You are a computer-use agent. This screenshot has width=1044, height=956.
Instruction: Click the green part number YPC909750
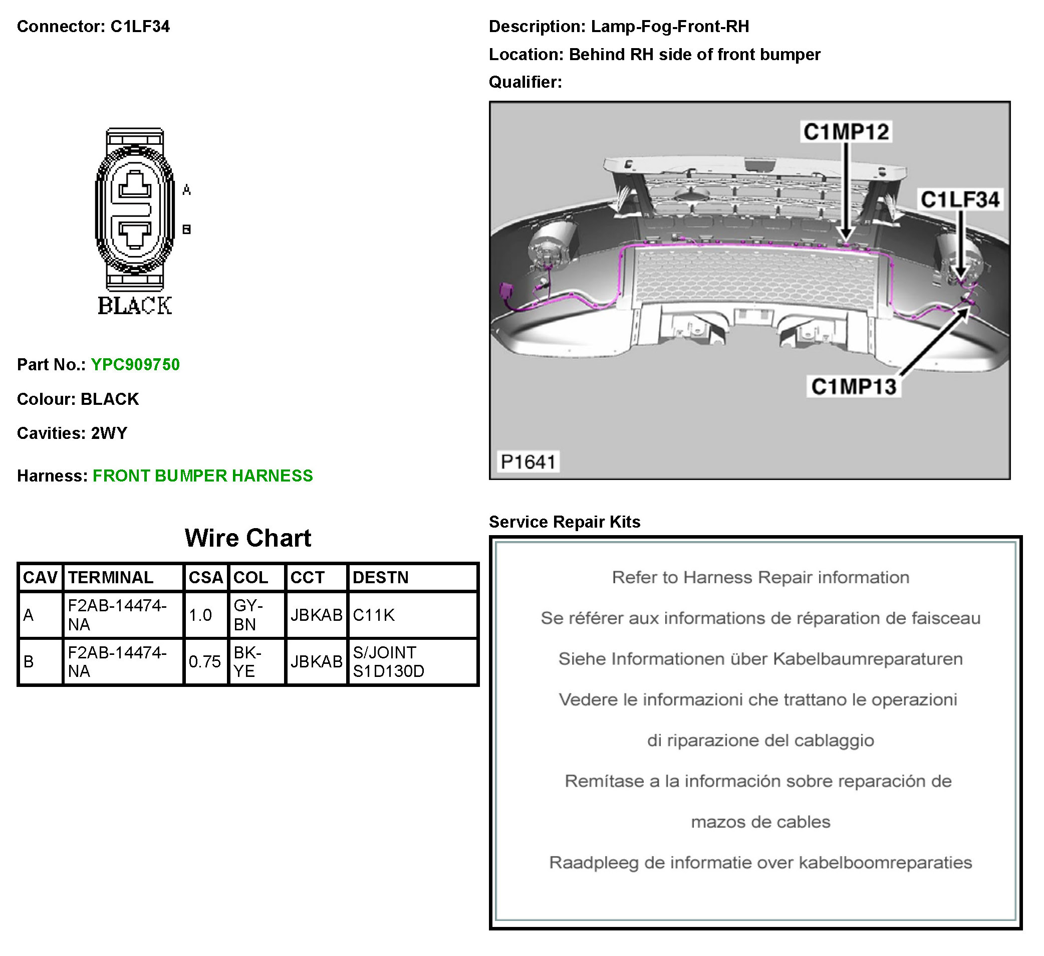135,365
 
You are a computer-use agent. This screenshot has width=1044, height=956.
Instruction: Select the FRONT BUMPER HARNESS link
202,475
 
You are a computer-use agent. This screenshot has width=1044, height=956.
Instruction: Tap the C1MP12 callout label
846,132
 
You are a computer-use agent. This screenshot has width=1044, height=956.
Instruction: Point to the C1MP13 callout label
854,386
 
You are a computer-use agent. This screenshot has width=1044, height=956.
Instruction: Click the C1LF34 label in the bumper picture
960,199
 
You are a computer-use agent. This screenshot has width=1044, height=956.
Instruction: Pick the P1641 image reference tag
528,461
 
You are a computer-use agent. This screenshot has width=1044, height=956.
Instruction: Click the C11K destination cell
374,615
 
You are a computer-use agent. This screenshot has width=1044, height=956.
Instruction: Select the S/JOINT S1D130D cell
388,661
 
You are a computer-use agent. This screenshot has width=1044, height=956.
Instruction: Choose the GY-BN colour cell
248,615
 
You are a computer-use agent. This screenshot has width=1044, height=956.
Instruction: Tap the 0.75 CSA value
204,661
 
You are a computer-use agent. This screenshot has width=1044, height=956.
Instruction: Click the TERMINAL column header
111,577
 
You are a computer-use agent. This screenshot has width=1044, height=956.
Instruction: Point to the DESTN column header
381,577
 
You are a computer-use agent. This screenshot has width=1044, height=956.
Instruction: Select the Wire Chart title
248,538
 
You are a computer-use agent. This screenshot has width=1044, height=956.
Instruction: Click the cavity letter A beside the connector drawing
187,190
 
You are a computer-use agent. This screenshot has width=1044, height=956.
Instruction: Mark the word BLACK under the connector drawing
135,306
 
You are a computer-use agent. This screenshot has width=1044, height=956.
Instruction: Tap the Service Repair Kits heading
565,522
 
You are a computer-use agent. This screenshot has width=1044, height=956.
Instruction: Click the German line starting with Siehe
760,659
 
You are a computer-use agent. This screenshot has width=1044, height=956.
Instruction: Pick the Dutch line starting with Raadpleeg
760,863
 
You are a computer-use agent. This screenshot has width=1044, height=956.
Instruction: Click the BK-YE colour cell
247,661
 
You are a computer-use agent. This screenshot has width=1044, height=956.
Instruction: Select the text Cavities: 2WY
72,433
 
